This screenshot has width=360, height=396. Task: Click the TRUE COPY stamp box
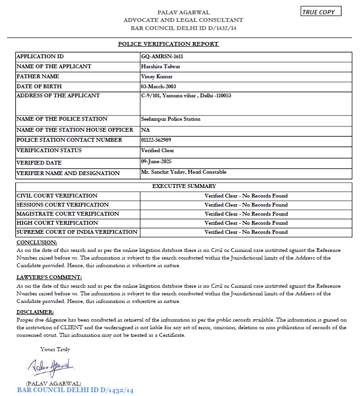point(321,12)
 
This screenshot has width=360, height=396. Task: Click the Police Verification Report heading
point(168,44)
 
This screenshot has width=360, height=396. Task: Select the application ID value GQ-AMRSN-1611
point(163,56)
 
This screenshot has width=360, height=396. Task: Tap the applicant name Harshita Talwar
point(161,66)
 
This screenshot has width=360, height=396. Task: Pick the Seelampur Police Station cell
point(171,119)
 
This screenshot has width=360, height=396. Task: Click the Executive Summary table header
point(184,186)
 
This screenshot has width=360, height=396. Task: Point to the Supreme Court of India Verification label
point(77,232)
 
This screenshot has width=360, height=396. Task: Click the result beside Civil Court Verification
point(246,196)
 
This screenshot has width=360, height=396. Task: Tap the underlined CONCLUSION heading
point(37,242)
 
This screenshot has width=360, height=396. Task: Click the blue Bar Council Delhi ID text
point(75,390)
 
